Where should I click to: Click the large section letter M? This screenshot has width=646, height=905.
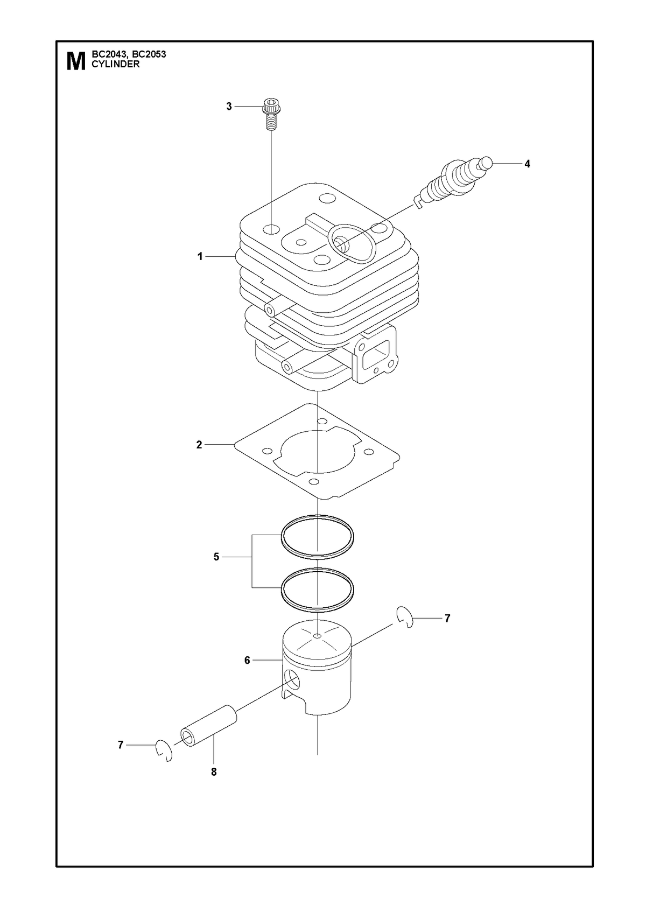[x=76, y=61]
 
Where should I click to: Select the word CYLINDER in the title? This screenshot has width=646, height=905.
[x=116, y=64]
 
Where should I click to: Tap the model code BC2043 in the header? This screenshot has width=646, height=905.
[x=107, y=54]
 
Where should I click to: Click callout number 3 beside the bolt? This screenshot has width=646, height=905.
[x=229, y=107]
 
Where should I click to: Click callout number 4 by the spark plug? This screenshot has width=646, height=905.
[x=527, y=164]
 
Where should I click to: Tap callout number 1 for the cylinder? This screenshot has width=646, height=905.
[x=200, y=257]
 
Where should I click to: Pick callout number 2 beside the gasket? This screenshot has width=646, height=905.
[x=199, y=445]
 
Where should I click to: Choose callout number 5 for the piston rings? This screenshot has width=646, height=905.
[x=216, y=557]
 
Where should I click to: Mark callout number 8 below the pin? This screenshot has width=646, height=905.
[x=214, y=772]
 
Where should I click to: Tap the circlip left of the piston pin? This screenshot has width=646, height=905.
[x=164, y=750]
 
